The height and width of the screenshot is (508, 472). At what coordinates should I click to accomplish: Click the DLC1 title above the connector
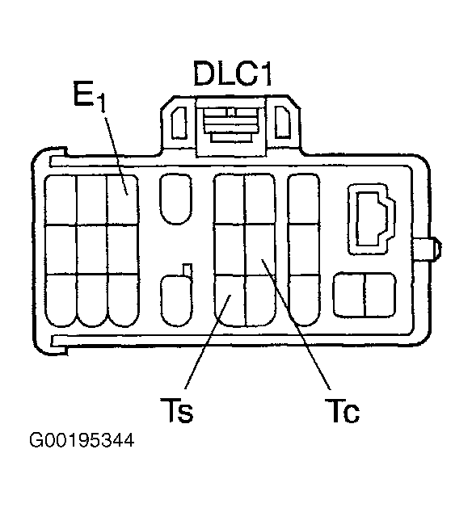(x=232, y=73)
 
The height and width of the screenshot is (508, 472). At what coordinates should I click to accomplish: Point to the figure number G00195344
(x=82, y=440)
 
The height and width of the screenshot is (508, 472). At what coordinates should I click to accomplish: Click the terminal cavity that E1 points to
(x=123, y=199)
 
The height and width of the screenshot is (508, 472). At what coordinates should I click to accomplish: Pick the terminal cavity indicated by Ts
(x=230, y=300)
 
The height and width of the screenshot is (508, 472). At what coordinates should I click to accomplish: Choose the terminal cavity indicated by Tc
(x=260, y=250)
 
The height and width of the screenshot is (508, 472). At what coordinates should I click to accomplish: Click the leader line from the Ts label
(x=208, y=342)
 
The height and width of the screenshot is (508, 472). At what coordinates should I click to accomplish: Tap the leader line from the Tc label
(x=296, y=324)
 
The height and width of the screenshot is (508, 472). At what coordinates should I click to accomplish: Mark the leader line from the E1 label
(x=116, y=156)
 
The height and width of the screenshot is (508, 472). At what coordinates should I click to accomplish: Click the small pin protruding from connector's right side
(x=428, y=249)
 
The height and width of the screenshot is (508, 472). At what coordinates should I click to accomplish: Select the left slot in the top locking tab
(x=179, y=123)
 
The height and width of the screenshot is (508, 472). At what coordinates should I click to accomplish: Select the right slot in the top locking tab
(x=282, y=122)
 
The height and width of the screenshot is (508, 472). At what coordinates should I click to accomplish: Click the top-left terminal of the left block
(x=61, y=199)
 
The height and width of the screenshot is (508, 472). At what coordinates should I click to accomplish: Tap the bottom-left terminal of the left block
(x=61, y=300)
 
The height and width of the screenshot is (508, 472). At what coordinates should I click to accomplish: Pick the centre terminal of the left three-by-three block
(x=92, y=250)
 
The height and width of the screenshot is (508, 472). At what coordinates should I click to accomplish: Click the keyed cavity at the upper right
(x=372, y=220)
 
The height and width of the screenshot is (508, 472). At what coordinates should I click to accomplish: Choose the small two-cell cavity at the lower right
(x=365, y=295)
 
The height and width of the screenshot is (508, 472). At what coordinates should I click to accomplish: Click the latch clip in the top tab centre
(x=231, y=125)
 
